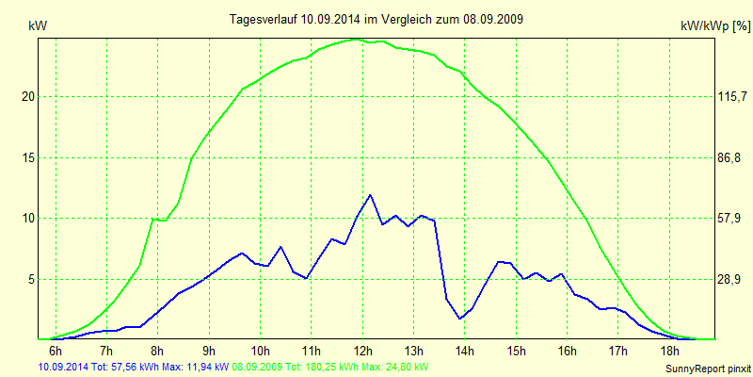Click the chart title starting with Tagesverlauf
click(x=377, y=19)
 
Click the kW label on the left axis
click(x=39, y=27)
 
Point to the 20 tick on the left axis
click(x=27, y=96)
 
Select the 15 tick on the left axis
click(x=27, y=157)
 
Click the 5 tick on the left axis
click(x=30, y=279)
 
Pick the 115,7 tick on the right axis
click(x=705, y=96)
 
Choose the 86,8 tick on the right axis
click(x=705, y=157)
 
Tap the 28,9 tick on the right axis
click(x=705, y=279)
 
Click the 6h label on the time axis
click(x=55, y=352)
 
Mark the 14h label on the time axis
click(x=464, y=352)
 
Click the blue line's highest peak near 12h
click(x=370, y=195)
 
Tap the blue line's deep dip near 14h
click(x=460, y=319)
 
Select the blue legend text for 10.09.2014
click(x=132, y=367)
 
